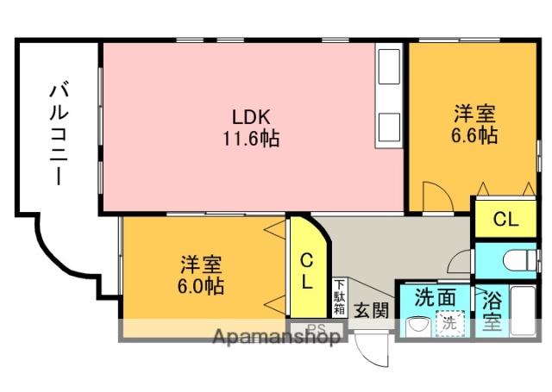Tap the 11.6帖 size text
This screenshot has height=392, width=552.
click(x=252, y=137)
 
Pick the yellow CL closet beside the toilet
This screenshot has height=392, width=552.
click(x=505, y=219)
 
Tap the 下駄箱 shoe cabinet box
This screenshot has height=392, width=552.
click(x=340, y=296)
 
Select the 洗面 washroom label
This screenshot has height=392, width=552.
click(x=436, y=296)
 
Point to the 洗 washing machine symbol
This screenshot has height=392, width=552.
click(x=449, y=324)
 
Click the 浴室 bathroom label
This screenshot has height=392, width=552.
click(x=492, y=312)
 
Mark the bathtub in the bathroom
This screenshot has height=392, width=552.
click(x=524, y=311)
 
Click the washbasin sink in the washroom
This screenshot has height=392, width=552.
click(x=417, y=326)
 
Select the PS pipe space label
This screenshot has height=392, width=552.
click(x=317, y=327)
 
